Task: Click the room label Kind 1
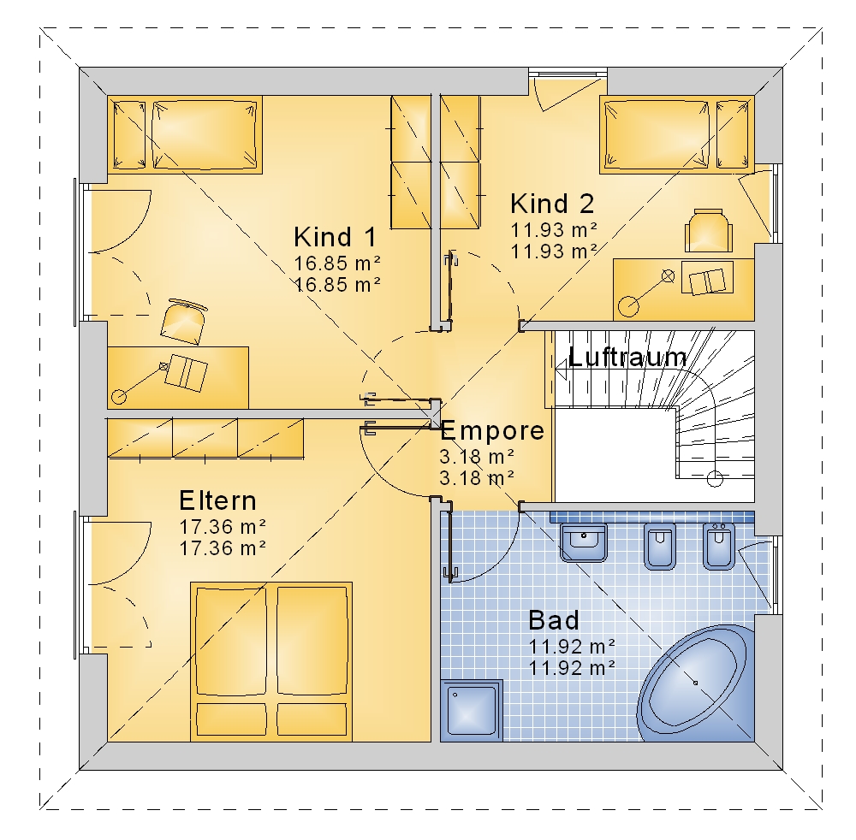point(336,237)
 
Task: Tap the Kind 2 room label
point(552,204)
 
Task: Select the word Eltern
point(217,500)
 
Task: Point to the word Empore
point(492,431)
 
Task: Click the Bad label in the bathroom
point(554,621)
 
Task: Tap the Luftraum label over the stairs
point(627,358)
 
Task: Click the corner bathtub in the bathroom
point(695,683)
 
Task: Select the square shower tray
point(472,710)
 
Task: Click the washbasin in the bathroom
point(584,541)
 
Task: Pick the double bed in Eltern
point(271,661)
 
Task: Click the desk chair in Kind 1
point(185,322)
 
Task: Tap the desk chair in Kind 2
point(709,231)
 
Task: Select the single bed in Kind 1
point(185,135)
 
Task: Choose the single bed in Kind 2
point(677,135)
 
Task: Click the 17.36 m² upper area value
point(223,527)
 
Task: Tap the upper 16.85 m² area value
point(337,263)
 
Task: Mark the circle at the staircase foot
point(715,479)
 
